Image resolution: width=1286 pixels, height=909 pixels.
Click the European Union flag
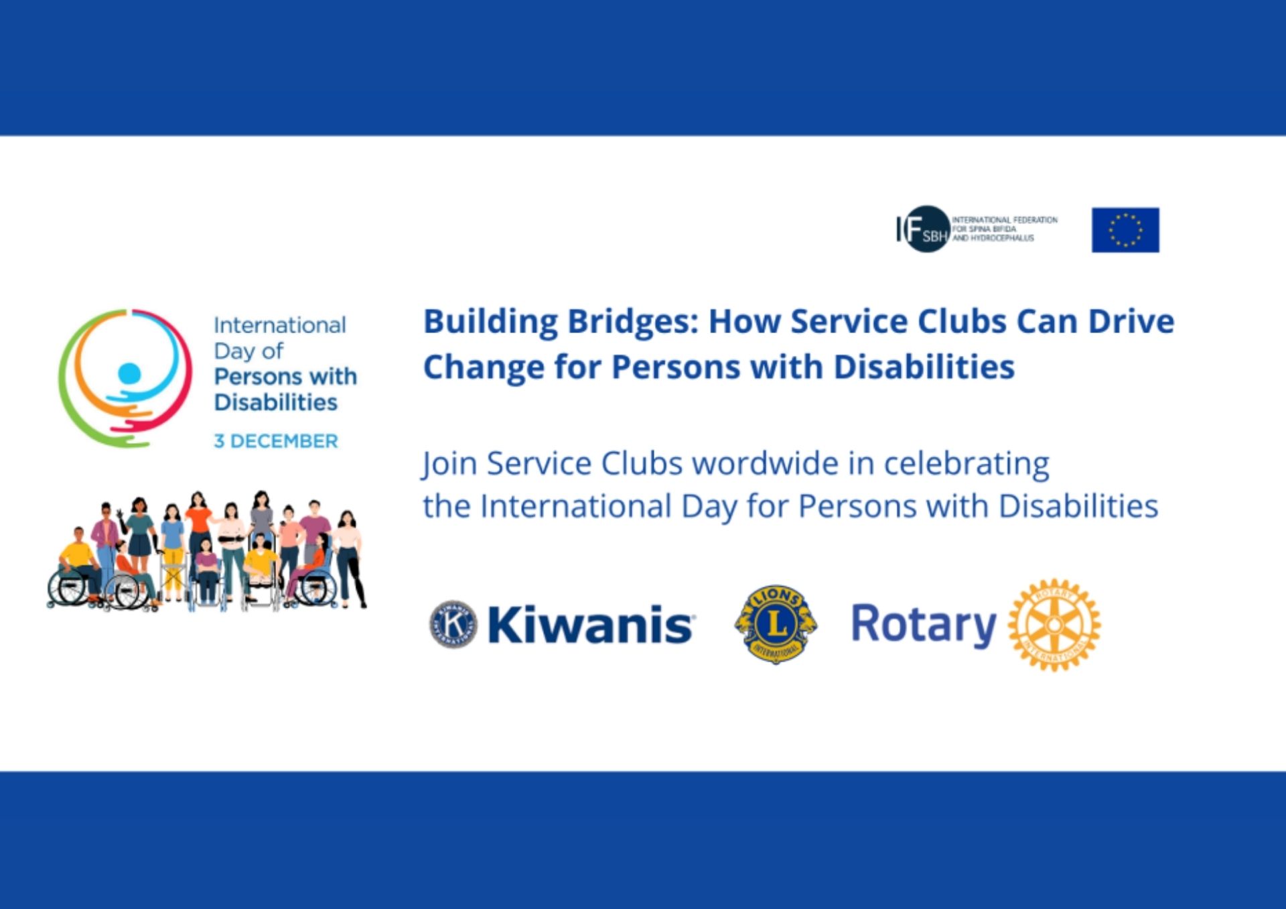1125,230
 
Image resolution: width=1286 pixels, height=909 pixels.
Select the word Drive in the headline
1131,321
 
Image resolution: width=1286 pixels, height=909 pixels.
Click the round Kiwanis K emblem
453,624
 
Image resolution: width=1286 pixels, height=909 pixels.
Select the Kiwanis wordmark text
591,625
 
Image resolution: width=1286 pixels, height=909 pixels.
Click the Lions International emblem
776,624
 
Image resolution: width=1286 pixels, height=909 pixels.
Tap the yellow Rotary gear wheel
1054,625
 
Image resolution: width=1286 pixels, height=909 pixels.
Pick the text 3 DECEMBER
276,441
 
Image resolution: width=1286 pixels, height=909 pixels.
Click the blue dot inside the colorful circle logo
129,373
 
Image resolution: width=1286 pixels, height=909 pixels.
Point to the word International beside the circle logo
280,325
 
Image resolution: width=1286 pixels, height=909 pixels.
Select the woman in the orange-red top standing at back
198,530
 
